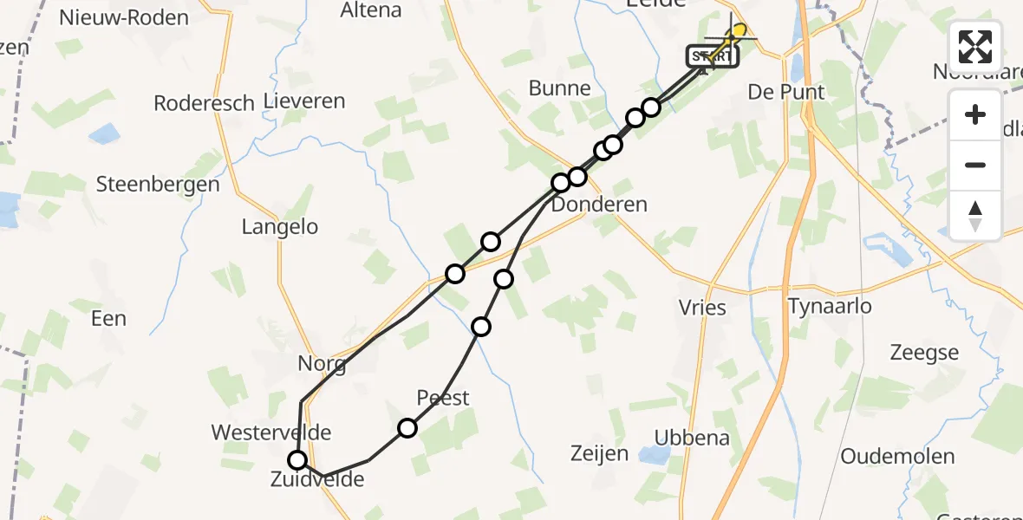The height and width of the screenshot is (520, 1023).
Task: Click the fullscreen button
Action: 975,46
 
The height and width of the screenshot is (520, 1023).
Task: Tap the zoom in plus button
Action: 975,114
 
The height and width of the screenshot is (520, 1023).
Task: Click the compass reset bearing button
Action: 975,215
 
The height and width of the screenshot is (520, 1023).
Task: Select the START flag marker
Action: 713,56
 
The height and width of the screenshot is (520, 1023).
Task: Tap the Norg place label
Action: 322,364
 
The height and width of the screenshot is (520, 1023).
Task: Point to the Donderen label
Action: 599,205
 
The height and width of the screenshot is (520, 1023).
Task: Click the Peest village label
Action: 443,398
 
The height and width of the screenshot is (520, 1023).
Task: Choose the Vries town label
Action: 702,308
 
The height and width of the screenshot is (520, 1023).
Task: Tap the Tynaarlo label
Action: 830,306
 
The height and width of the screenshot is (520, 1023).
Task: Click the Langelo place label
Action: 280,227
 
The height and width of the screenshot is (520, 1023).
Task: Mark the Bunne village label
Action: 559,88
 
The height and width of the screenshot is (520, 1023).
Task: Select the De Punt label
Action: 785,92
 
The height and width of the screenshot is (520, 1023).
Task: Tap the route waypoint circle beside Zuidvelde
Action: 297,460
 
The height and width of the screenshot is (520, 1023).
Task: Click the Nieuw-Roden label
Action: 124,17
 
